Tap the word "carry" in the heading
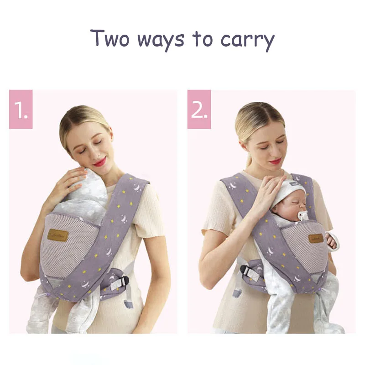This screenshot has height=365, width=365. [x=248, y=40]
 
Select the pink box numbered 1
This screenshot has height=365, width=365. [x=21, y=109]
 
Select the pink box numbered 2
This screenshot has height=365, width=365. [x=199, y=109]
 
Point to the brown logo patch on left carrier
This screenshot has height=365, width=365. [x=58, y=235]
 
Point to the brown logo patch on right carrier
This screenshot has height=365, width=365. [x=316, y=238]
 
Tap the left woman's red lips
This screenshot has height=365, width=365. [x=99, y=162]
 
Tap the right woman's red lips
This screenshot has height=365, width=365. [x=275, y=161]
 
